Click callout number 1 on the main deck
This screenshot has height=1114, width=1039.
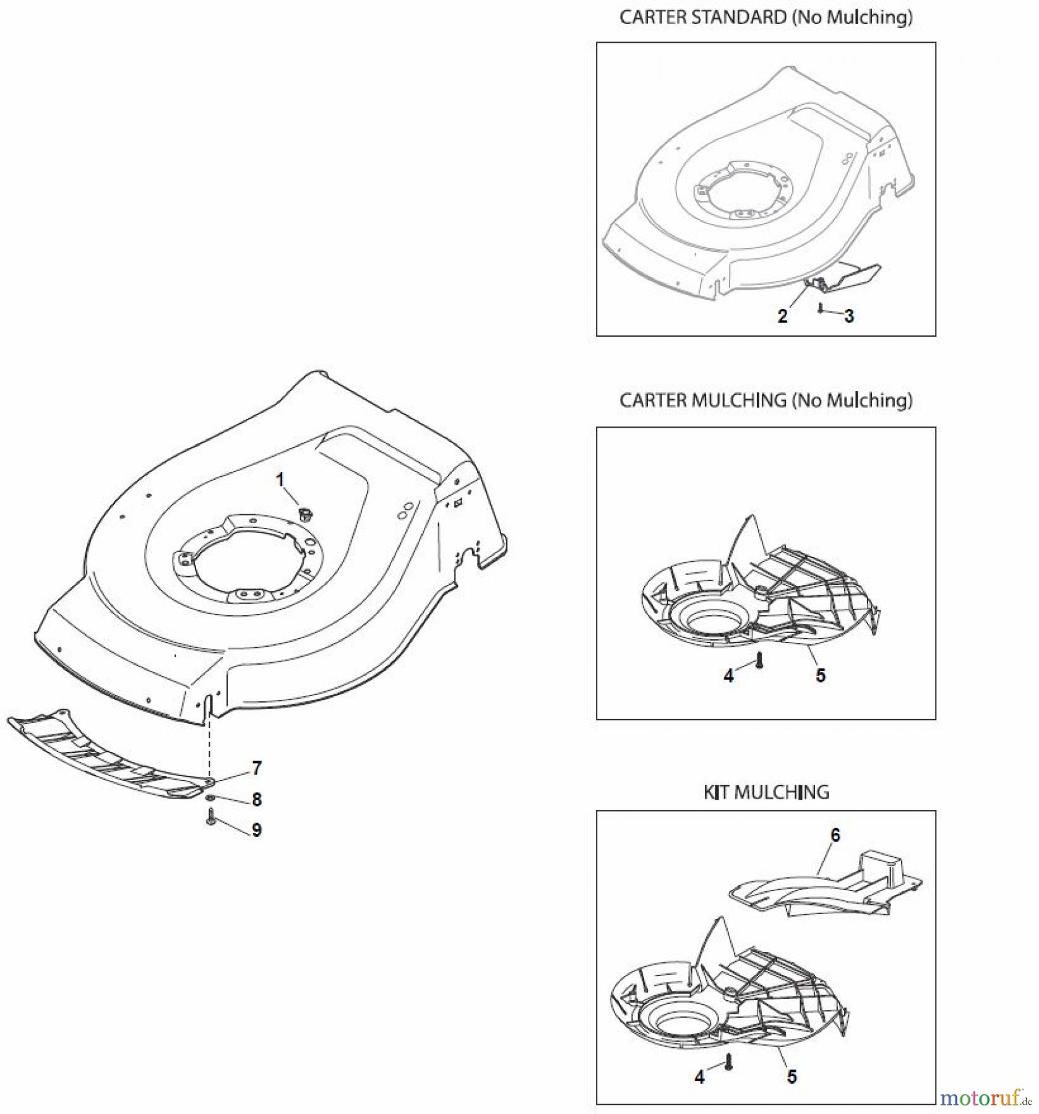click(x=280, y=480)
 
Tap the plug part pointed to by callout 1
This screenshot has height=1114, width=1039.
click(x=304, y=513)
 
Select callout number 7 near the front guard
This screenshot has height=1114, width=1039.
click(x=256, y=768)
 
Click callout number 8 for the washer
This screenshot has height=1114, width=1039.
click(x=256, y=800)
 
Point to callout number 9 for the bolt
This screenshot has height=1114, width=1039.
click(x=256, y=830)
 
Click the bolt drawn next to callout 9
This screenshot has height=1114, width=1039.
click(x=210, y=816)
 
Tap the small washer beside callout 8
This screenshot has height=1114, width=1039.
click(x=211, y=797)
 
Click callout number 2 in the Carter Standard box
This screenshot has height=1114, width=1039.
click(x=783, y=316)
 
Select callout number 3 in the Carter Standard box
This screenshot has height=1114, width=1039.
click(x=849, y=316)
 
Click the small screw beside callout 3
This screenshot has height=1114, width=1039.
click(x=820, y=308)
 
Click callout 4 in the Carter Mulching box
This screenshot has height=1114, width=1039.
click(x=728, y=676)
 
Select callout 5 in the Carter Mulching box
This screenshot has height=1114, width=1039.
click(x=821, y=675)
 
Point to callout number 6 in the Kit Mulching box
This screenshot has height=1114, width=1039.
click(x=835, y=836)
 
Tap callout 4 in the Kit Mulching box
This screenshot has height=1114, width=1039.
click(x=699, y=1060)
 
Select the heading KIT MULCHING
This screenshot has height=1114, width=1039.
click(x=766, y=792)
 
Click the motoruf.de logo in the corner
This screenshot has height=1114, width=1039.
click(x=984, y=1099)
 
